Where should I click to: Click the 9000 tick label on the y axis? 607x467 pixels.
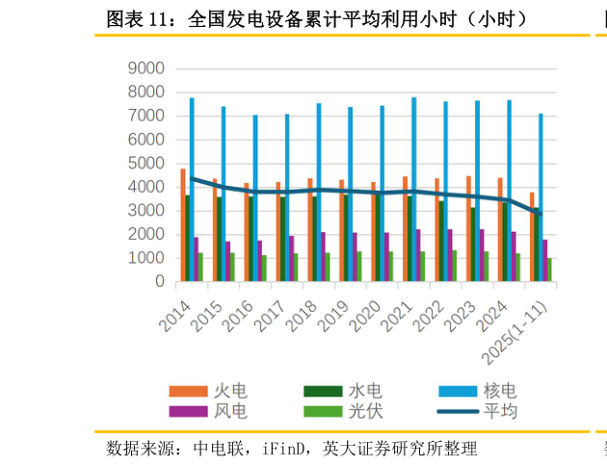tap(146, 68)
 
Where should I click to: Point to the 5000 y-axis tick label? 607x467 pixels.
tap(146, 163)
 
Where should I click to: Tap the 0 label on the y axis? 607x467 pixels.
tap(160, 282)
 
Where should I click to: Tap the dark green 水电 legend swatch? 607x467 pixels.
tap(323, 390)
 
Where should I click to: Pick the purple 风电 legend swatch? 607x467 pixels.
tap(188, 411)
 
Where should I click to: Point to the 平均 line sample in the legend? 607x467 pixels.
tap(458, 411)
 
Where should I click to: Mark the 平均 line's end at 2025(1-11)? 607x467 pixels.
tap(541, 213)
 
